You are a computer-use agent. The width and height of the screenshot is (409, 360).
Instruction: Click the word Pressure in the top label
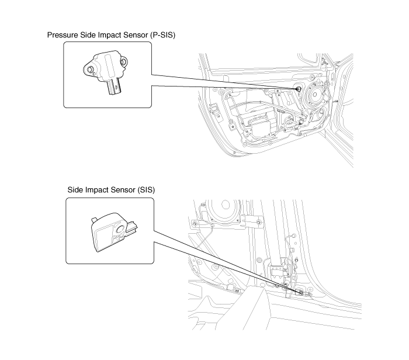[x=63, y=35]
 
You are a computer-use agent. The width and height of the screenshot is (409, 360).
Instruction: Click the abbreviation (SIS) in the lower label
[x=146, y=190]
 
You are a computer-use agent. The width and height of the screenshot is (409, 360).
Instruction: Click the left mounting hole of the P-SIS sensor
[x=91, y=70]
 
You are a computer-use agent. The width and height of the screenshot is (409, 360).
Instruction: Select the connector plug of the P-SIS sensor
[x=115, y=86]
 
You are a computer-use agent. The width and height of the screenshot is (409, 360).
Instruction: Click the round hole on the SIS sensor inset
[x=120, y=229]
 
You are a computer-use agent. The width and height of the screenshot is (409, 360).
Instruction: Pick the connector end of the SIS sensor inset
[x=131, y=227]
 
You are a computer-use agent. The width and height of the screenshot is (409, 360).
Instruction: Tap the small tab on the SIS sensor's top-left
[x=94, y=220]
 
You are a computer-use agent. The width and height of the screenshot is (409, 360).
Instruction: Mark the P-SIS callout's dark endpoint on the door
[x=298, y=89]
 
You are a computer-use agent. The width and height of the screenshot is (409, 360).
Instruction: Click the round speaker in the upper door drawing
[x=315, y=95]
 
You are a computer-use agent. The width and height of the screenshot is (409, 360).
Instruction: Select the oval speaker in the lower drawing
[x=224, y=209]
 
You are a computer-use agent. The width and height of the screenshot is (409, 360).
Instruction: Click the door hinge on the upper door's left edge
[x=214, y=109]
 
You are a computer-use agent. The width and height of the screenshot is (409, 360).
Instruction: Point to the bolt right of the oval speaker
[x=258, y=222]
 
